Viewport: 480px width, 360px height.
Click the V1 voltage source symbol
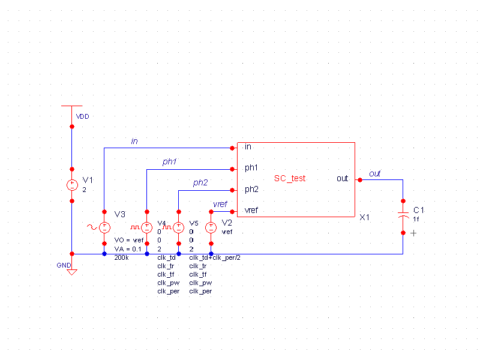(71, 185)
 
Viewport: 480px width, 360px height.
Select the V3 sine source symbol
(104, 227)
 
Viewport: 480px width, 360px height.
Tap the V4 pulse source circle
(147, 227)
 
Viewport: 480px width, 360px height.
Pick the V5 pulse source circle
(179, 227)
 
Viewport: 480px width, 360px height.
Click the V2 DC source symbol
(211, 227)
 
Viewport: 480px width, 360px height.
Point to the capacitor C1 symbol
(403, 215)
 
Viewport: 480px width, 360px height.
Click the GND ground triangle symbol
(71, 272)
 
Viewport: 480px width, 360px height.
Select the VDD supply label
(82, 116)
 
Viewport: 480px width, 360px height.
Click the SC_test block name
(290, 178)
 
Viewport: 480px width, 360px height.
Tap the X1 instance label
(365, 217)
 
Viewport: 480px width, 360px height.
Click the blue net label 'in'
(134, 141)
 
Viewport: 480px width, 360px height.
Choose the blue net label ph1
(170, 162)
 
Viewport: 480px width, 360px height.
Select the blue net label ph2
(200, 183)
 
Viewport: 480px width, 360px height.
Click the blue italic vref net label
(220, 204)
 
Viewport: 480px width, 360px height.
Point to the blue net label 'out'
(375, 173)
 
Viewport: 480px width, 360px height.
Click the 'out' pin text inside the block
(342, 179)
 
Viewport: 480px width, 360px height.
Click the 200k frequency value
(122, 257)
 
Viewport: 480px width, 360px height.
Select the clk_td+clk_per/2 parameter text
(215, 257)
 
